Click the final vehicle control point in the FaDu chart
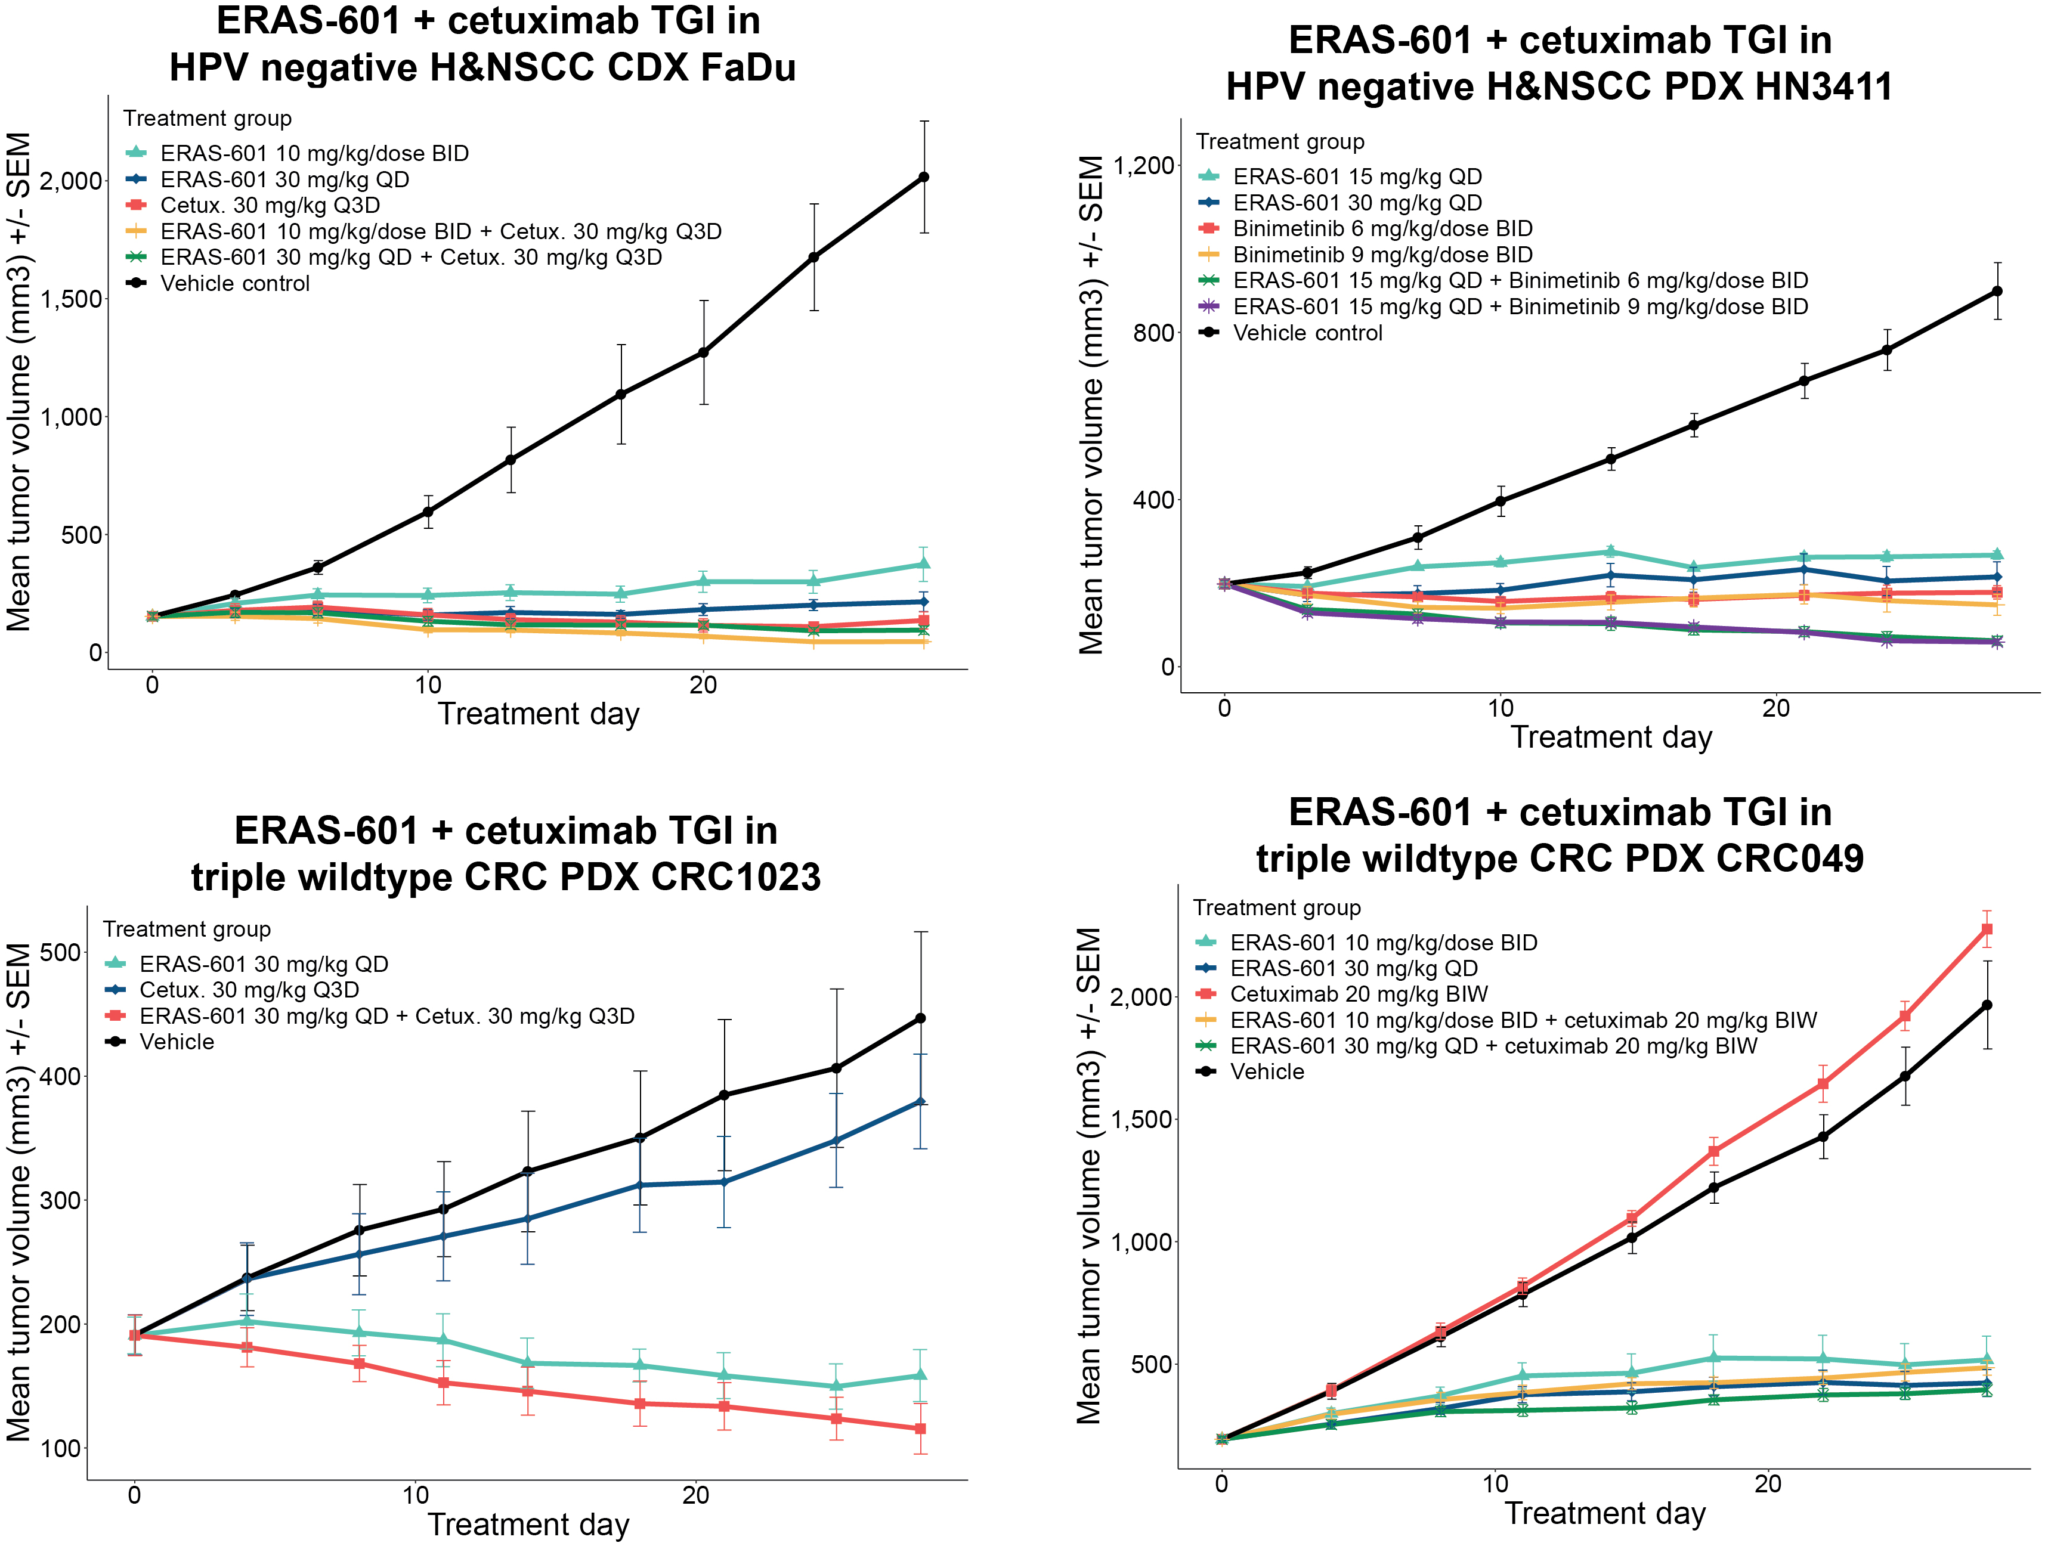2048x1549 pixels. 923,177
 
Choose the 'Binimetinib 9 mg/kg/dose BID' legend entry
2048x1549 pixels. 1382,255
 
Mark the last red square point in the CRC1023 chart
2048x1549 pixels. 920,1429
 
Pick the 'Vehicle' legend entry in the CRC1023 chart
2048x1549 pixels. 176,1042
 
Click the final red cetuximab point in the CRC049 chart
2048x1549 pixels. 1986,929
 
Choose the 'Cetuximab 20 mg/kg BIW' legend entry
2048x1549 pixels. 1358,995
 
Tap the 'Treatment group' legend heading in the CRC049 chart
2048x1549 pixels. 1277,907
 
